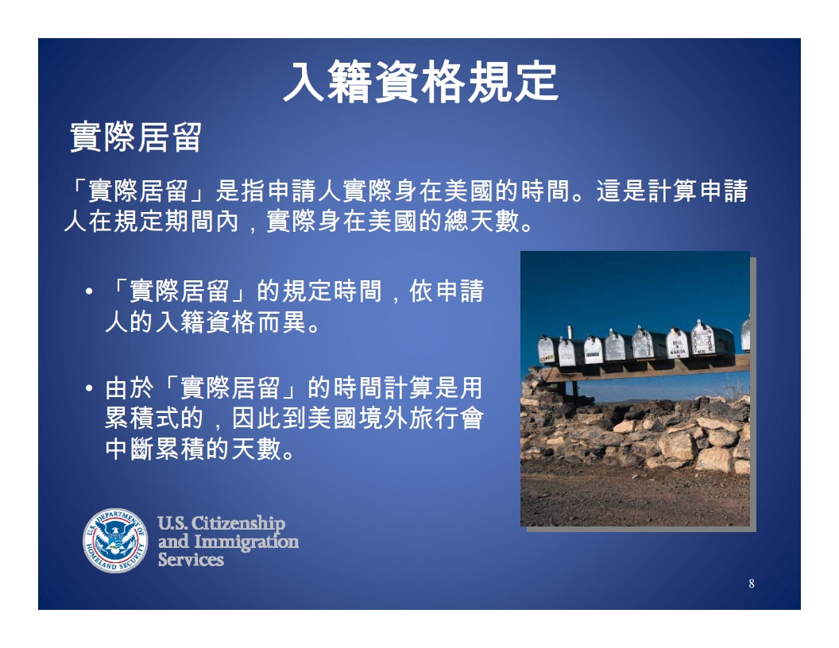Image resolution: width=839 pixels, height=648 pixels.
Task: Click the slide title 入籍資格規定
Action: (x=420, y=82)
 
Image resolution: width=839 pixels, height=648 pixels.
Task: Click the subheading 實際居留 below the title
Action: (x=136, y=137)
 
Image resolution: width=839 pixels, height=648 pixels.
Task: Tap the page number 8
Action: (x=752, y=584)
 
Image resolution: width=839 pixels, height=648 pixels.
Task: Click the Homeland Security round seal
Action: (x=115, y=540)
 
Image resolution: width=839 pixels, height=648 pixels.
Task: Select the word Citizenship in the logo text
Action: (x=238, y=523)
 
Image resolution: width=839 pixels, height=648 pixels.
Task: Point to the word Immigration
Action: (x=246, y=542)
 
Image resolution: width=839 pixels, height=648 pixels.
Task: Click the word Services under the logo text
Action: (x=191, y=559)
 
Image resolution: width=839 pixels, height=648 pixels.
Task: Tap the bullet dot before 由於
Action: (x=89, y=387)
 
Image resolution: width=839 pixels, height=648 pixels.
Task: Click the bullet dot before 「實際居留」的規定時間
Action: (x=89, y=291)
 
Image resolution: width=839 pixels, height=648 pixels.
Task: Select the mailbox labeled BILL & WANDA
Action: (x=677, y=344)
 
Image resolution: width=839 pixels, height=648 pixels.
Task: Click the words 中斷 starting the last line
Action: (x=130, y=449)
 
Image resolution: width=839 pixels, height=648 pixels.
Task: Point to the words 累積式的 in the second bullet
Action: (x=154, y=418)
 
